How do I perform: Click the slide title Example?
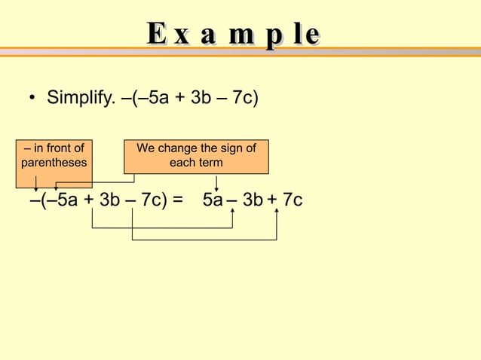coord(234,34)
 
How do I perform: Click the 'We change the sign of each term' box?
coord(196,156)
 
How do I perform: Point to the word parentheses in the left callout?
coord(54,163)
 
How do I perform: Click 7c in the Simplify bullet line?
coord(240,98)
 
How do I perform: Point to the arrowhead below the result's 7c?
coord(277,212)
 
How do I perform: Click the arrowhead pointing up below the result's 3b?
coord(232,212)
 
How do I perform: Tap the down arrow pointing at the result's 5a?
coord(217,188)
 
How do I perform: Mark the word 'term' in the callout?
coord(211,163)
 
